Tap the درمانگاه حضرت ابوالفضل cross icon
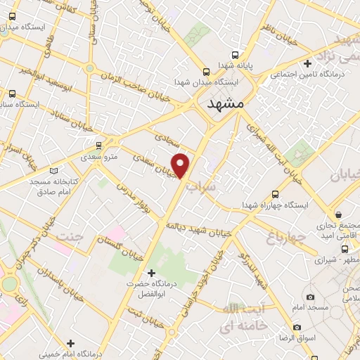pyautogui.click(x=150, y=272)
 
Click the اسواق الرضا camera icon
pyautogui.click(x=297, y=327)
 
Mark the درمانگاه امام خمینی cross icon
pyautogui.click(x=70, y=343)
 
